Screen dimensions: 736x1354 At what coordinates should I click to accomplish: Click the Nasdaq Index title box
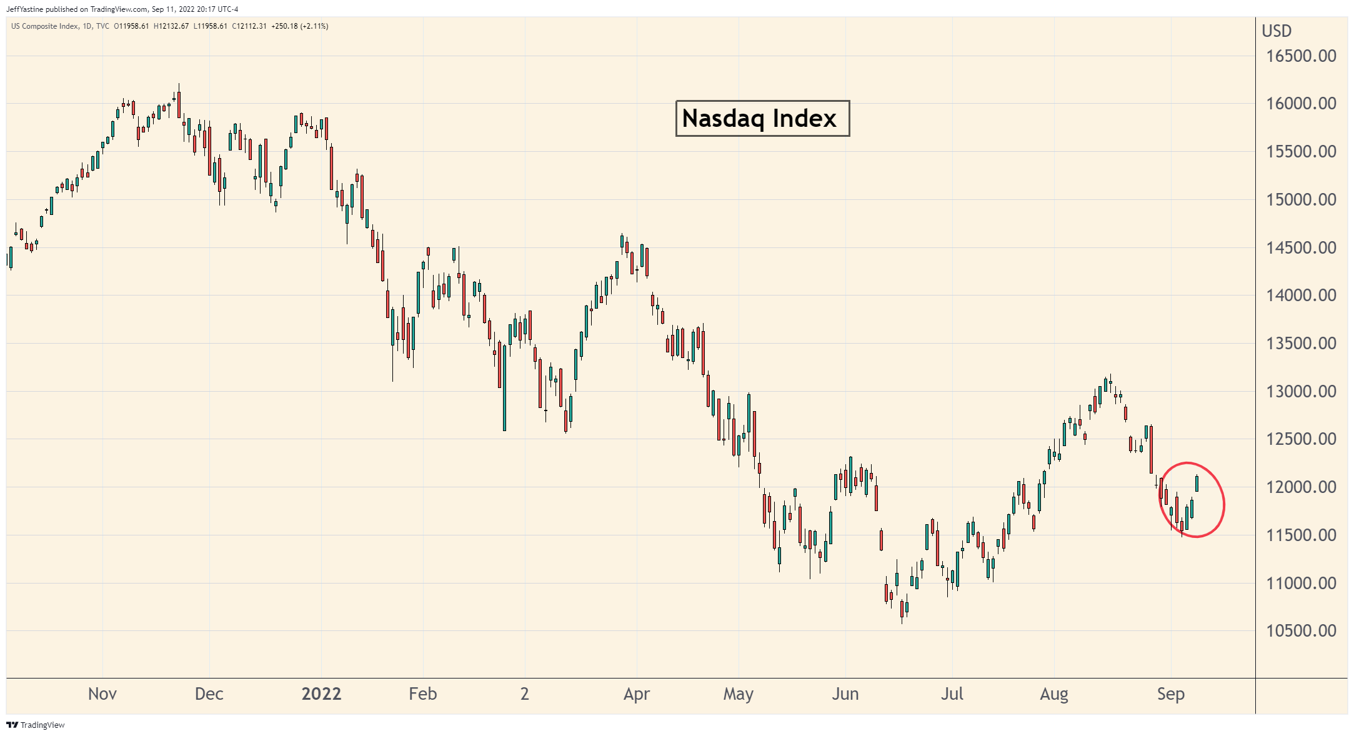click(762, 118)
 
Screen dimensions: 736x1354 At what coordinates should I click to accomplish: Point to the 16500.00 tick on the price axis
click(1301, 56)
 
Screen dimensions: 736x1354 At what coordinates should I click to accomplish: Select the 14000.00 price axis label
click(1301, 296)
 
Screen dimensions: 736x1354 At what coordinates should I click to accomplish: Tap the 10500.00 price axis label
click(1301, 631)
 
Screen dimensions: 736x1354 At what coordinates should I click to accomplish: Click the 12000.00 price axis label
click(1301, 487)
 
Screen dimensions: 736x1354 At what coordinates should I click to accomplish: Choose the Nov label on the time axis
click(102, 694)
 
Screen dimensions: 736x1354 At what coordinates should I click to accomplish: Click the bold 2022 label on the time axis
click(321, 694)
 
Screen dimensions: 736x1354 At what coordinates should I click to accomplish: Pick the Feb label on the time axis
click(423, 694)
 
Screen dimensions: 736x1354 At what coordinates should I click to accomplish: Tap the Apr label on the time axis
click(637, 694)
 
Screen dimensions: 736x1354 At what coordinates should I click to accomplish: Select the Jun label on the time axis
click(845, 694)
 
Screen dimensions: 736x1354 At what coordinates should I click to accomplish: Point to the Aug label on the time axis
click(1054, 694)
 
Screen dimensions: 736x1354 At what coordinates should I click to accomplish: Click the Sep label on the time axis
click(1171, 694)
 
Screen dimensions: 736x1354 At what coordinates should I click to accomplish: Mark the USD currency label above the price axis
click(1277, 31)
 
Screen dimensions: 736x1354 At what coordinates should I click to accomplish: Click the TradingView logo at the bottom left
click(36, 725)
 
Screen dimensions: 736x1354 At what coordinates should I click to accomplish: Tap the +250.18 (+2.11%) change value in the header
click(300, 26)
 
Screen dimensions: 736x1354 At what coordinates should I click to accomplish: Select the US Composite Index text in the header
click(44, 26)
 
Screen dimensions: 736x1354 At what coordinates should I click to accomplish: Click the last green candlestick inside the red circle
click(1197, 483)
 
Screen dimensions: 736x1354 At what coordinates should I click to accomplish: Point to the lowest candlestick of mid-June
click(902, 609)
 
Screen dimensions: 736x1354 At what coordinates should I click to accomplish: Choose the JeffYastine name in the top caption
click(24, 9)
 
